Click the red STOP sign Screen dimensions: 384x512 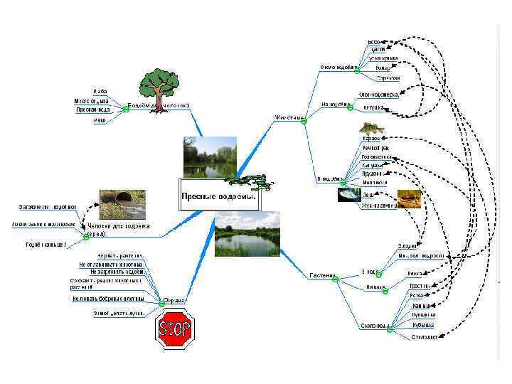click(x=174, y=329)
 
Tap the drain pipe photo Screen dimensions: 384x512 click(x=122, y=202)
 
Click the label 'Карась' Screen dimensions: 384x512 click(x=371, y=138)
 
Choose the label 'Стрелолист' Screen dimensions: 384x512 click(x=424, y=337)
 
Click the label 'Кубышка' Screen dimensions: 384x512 click(x=423, y=325)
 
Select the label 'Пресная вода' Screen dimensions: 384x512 click(x=93, y=110)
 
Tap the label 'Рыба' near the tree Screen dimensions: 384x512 click(x=100, y=92)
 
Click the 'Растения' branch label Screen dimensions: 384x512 click(x=322, y=275)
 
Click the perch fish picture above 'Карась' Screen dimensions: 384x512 click(x=369, y=128)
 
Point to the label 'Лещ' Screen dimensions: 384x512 click(x=368, y=193)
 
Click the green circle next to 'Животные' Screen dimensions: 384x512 click(x=304, y=122)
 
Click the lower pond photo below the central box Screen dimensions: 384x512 click(x=247, y=234)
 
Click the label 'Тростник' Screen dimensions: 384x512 click(x=420, y=286)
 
